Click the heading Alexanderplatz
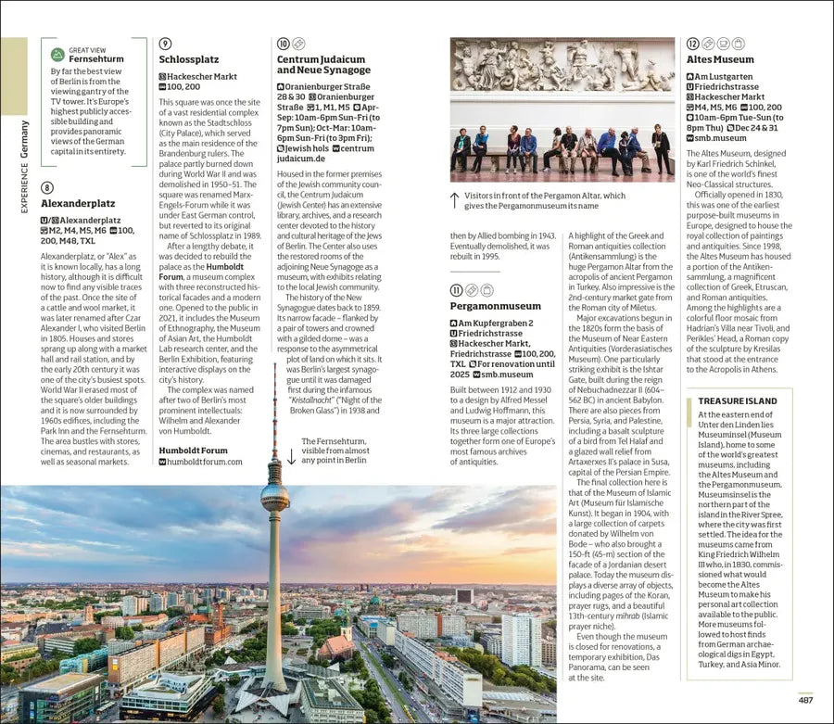point(78,202)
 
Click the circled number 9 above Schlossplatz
point(165,44)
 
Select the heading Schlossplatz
point(188,59)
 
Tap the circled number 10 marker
point(284,44)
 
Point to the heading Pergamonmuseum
point(495,305)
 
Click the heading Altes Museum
point(720,59)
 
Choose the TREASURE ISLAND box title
point(738,401)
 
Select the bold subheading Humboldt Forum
point(193,450)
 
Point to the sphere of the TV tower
point(274,497)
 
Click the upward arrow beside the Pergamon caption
point(454,199)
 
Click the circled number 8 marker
point(47,187)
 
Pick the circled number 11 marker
point(456,290)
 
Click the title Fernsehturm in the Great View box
point(96,59)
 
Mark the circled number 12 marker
point(693,44)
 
